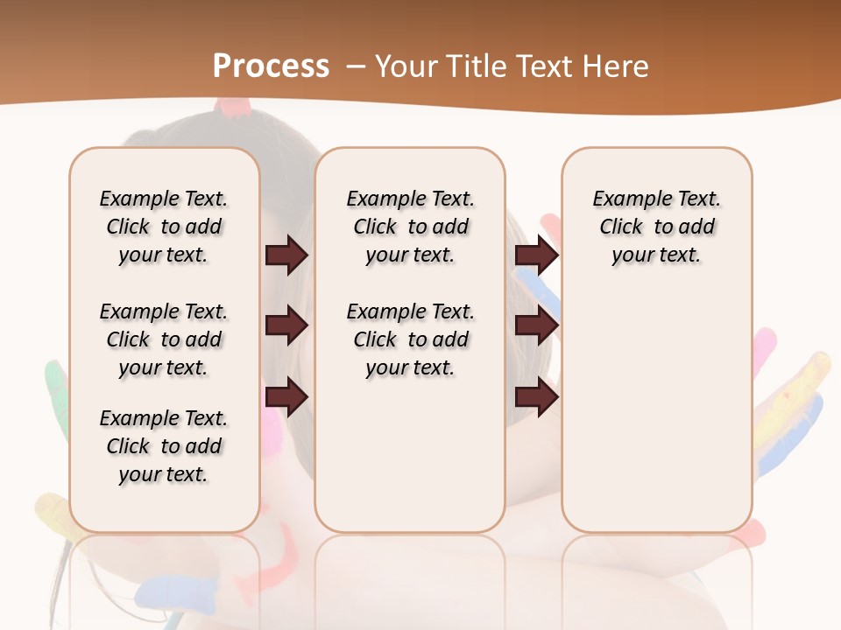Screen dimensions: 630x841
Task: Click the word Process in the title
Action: tap(271, 66)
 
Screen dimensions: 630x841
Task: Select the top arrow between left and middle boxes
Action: tap(286, 255)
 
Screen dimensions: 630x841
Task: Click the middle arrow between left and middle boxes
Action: tap(286, 326)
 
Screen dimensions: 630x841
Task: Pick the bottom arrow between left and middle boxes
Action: tap(286, 397)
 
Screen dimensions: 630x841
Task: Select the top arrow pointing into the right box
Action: tap(536, 255)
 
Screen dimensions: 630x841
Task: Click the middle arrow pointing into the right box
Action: tap(536, 326)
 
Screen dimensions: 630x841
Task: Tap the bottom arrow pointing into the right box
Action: tap(536, 397)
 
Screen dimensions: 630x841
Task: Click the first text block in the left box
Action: tap(164, 227)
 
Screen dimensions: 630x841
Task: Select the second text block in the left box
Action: tap(164, 339)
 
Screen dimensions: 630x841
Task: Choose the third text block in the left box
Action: tap(164, 446)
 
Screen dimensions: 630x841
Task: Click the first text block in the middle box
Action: tap(411, 227)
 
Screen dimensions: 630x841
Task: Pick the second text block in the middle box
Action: tap(411, 339)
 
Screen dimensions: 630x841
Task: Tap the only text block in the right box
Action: tap(657, 227)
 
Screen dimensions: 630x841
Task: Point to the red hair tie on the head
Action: tap(235, 108)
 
